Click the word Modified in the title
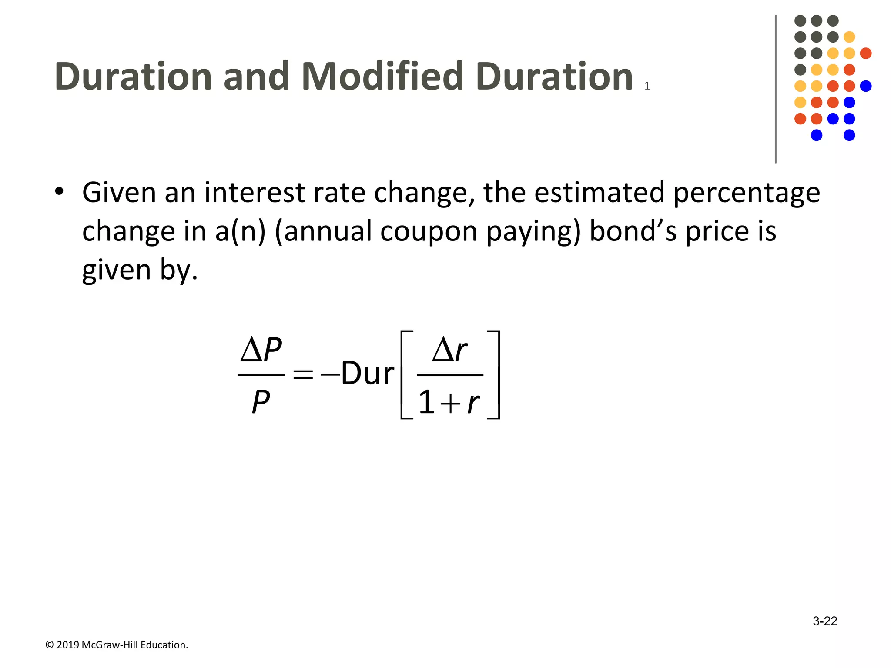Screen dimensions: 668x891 (x=382, y=77)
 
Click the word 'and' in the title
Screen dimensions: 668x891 (x=256, y=77)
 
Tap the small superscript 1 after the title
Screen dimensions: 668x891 (x=647, y=86)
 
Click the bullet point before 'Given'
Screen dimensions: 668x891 (x=60, y=192)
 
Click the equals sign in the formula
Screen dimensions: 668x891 (x=303, y=374)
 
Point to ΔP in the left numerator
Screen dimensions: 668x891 (x=261, y=350)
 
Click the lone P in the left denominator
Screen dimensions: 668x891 (x=261, y=402)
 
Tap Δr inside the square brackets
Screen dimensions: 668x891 (x=449, y=351)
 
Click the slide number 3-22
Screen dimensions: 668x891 (x=824, y=621)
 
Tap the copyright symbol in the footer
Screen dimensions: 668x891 (x=50, y=645)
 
